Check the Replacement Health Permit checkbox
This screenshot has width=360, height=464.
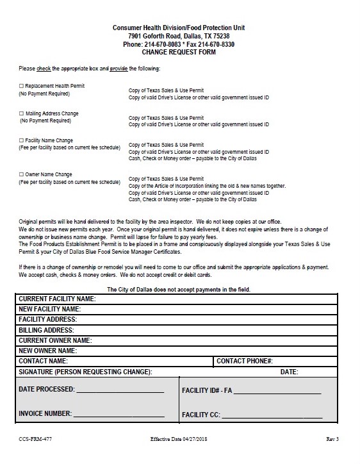coord(21,85)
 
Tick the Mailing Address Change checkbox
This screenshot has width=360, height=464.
coord(21,113)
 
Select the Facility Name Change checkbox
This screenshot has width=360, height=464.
coord(21,140)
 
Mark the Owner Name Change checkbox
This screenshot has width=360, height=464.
coord(21,174)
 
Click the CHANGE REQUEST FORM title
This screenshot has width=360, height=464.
coord(179,52)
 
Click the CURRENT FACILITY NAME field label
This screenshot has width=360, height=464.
coord(57,299)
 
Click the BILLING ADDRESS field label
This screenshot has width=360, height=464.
coord(47,330)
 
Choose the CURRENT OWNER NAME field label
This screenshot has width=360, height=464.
coord(54,340)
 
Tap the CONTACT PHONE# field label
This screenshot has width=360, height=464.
coord(245,361)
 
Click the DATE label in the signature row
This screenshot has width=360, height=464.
coord(289,372)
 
